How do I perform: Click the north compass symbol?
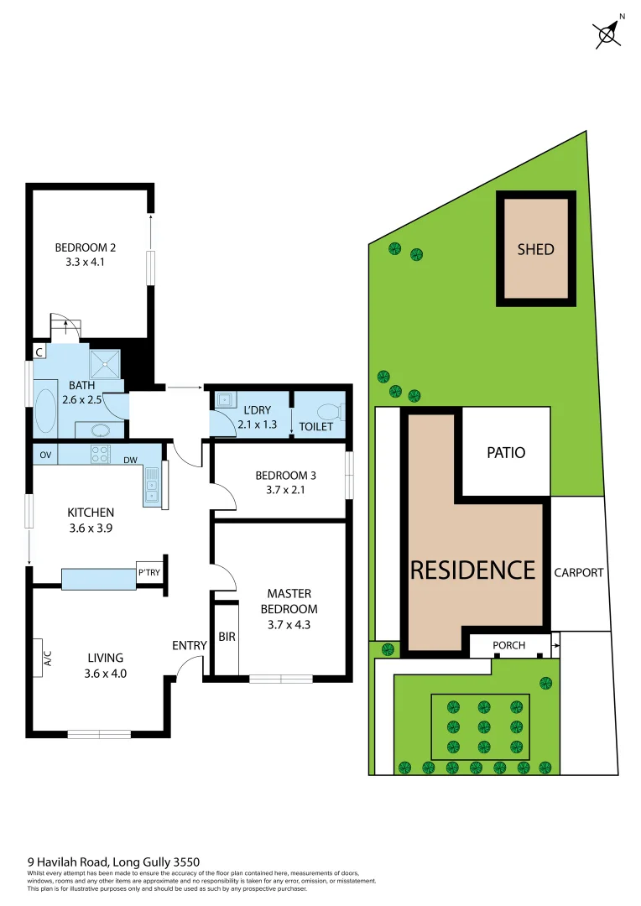click(607, 34)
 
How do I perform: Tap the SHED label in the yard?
click(535, 249)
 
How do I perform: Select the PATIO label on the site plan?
click(506, 453)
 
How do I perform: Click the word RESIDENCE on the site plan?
click(472, 570)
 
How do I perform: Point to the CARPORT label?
click(579, 573)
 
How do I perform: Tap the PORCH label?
click(509, 646)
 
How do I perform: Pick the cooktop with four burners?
click(100, 455)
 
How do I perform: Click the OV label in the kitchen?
click(44, 456)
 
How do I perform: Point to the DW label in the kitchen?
click(130, 461)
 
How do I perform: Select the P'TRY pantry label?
click(149, 573)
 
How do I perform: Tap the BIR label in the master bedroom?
click(227, 638)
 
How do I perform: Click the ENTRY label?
click(190, 645)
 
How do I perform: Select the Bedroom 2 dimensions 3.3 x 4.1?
click(85, 262)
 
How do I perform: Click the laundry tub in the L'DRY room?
click(223, 400)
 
